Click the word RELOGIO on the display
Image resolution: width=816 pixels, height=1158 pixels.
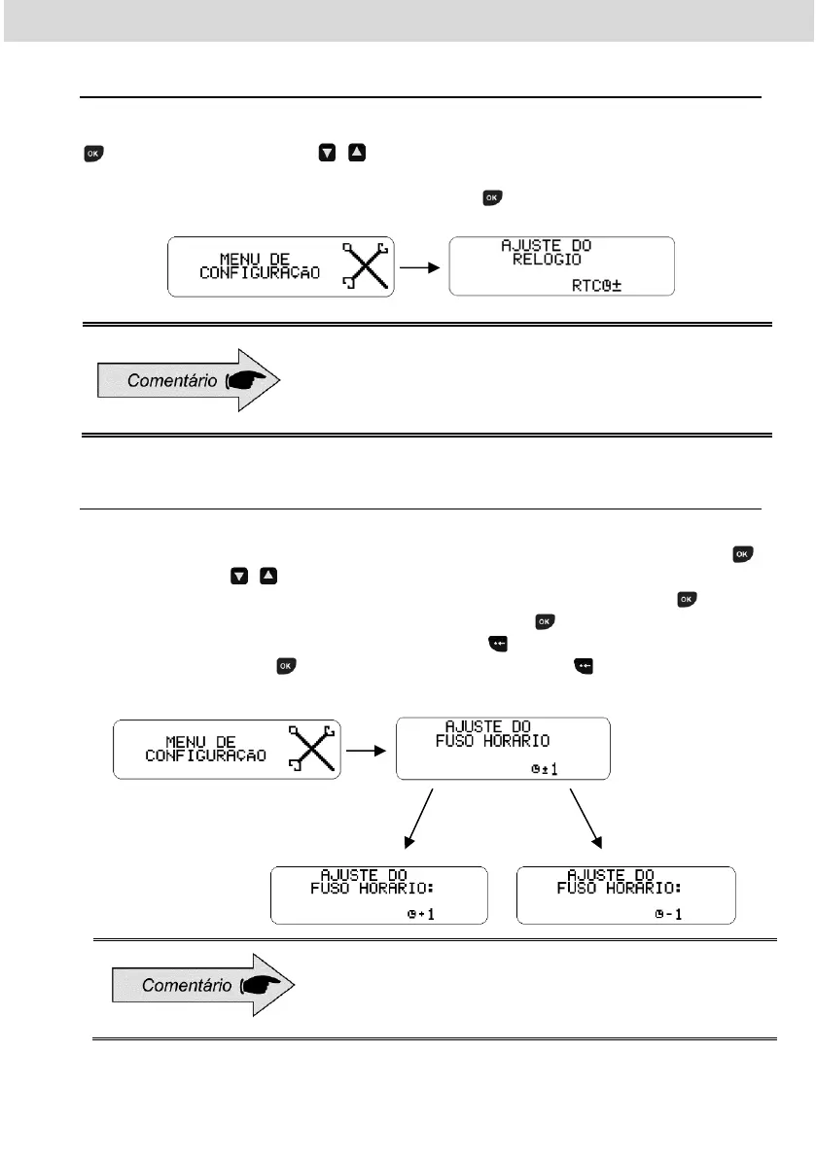(x=548, y=260)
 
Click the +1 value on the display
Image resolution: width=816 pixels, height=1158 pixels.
(x=426, y=914)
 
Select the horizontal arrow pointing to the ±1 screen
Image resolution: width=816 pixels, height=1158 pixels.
(x=368, y=750)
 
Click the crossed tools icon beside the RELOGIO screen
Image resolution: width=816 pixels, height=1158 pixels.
(x=365, y=263)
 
